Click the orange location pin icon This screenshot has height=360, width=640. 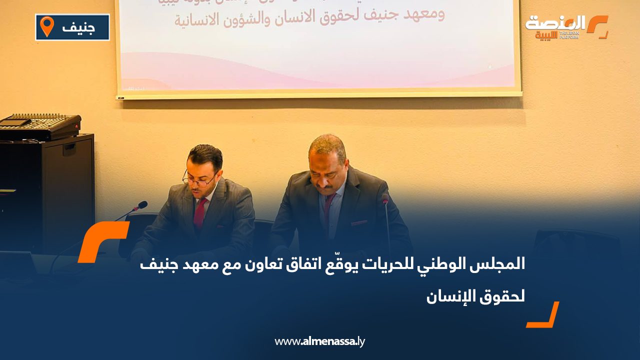(x=47, y=26)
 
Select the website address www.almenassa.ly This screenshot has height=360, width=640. (x=319, y=342)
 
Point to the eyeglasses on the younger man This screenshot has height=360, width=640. (x=198, y=180)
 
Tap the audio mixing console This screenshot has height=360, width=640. (x=39, y=126)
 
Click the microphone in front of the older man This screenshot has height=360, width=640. (x=385, y=199)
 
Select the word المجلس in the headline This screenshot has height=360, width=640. (x=500, y=265)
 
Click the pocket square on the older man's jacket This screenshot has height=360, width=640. (x=358, y=222)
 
